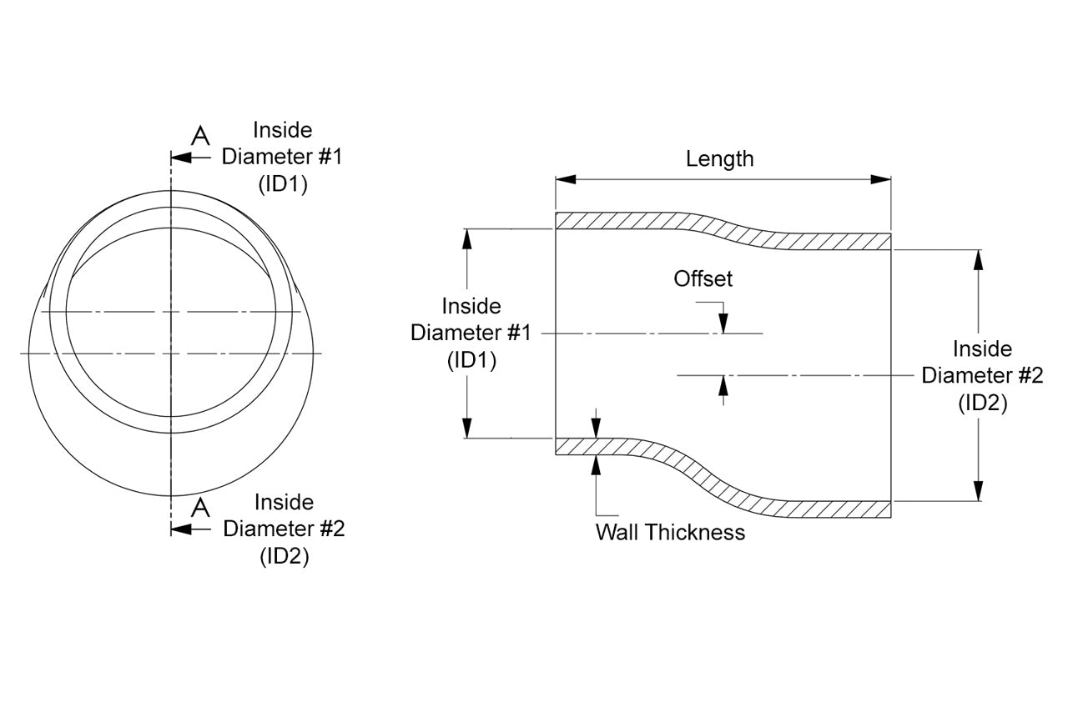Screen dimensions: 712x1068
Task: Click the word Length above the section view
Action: tap(719, 158)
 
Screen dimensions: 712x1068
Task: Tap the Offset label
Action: tap(703, 278)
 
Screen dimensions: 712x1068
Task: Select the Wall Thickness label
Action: tap(670, 532)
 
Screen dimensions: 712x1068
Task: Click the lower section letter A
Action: tap(199, 507)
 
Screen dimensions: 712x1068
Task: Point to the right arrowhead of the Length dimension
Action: tap(881, 179)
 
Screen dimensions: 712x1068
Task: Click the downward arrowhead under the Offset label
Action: tap(723, 324)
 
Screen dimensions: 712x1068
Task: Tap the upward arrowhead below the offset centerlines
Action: tap(723, 384)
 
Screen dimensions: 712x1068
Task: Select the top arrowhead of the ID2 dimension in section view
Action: tap(979, 258)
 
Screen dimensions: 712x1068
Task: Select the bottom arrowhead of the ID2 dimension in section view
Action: tap(979, 491)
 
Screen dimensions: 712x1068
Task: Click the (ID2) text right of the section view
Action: tap(982, 403)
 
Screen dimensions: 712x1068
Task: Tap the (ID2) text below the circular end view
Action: tap(284, 556)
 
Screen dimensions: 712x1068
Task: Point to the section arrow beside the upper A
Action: tap(184, 157)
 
